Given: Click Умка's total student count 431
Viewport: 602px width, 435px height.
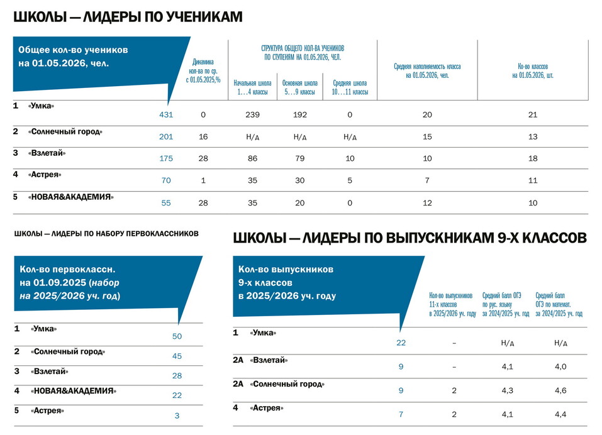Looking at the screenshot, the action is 166,114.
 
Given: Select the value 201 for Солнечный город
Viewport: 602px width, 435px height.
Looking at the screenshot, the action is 166,136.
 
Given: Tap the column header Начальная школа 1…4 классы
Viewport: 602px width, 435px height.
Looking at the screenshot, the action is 253,87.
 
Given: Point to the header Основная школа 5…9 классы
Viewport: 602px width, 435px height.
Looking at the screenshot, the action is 300,87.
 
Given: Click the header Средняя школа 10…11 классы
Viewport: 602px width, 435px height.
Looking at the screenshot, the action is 350,87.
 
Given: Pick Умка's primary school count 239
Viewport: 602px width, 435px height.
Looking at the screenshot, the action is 253,114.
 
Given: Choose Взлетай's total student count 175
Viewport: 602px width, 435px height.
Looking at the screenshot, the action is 166,158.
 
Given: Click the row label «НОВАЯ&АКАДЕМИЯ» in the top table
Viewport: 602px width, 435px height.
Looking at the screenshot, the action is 70,197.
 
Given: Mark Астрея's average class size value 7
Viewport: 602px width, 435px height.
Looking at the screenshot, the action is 427,180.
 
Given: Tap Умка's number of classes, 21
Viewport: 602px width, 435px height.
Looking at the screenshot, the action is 533,114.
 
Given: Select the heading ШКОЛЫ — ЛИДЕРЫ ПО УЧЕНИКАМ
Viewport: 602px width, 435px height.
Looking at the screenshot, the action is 128,17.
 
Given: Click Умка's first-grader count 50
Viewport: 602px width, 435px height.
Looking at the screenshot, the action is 177,336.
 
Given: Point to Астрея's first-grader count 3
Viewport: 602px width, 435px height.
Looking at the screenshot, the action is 177,416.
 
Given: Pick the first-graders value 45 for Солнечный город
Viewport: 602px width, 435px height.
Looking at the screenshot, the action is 177,356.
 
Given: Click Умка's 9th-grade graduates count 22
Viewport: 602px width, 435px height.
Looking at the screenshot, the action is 401,343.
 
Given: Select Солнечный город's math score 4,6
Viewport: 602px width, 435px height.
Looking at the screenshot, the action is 560,390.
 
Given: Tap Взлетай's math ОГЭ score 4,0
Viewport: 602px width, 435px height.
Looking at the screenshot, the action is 560,366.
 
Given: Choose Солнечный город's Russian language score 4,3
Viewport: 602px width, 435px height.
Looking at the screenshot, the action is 507,390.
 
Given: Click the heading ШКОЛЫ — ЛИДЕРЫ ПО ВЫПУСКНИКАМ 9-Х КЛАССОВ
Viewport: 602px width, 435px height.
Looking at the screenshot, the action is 410,238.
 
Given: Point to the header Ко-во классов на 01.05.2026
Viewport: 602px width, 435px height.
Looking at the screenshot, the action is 533,70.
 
